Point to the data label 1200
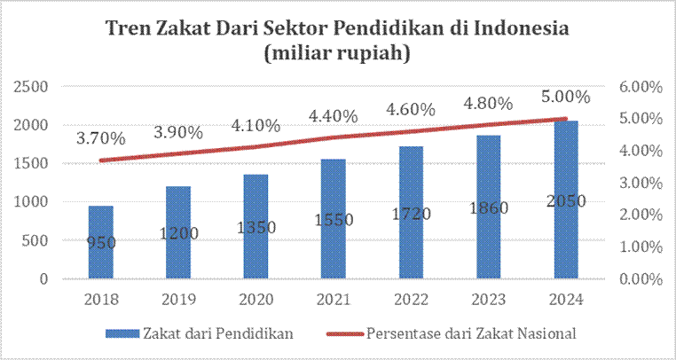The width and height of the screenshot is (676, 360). (178, 234)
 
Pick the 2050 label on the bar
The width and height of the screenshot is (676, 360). (567, 201)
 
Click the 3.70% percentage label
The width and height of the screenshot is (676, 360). (100, 138)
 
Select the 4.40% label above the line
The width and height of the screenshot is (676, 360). (333, 116)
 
